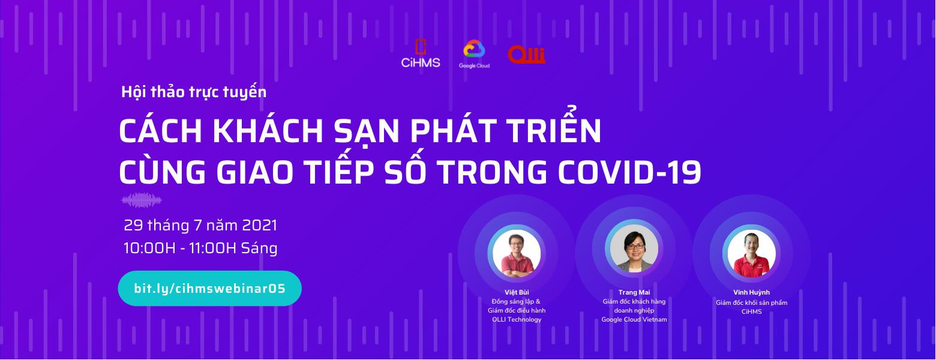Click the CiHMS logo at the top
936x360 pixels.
coord(421,53)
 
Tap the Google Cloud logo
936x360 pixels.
coord(474,54)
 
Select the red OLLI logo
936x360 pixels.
coord(527,55)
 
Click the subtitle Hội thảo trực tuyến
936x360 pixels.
coord(194,92)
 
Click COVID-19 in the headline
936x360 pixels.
coord(629,172)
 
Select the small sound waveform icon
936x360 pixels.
coord(142,200)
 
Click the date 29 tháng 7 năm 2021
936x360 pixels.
coord(200,226)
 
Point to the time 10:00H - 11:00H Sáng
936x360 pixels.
coord(200,248)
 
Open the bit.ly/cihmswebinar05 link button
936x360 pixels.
coord(210,288)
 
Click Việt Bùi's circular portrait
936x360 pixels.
coord(517,254)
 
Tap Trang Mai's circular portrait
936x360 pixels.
coord(634,250)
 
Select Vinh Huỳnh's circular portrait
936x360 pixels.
coord(751,254)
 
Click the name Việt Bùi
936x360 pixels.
coord(517,292)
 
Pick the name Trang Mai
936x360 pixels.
coord(634,292)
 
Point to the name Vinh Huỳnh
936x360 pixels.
coord(751,292)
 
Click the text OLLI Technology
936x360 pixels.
coord(517,319)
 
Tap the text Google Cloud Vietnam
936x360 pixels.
coord(634,319)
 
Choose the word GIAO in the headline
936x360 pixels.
coord(254,172)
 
